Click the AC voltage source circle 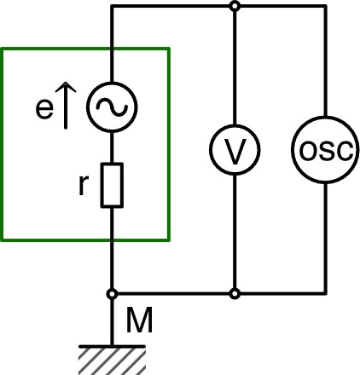point(113,106)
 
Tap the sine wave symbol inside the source point(113,106)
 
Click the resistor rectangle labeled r point(113,186)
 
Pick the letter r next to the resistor point(83,186)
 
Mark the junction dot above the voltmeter point(234,6)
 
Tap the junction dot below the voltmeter point(234,293)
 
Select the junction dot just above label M point(113,293)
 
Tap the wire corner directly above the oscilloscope point(324,6)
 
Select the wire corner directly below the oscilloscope point(324,293)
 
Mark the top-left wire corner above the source point(113,6)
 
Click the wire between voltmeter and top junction point(234,68)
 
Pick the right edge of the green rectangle point(170,145)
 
